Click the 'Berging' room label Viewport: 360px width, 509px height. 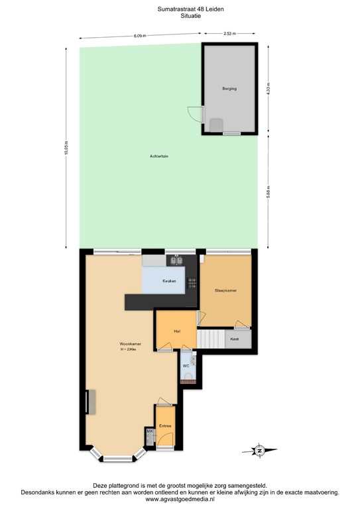pos(229,88)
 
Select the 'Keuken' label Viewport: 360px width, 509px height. pos(169,282)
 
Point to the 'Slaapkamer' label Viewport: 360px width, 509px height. pos(225,290)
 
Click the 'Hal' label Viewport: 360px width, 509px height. pos(176,331)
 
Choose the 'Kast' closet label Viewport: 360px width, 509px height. pos(234,339)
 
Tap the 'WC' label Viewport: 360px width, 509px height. pos(186,365)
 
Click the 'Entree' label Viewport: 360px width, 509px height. pos(165,426)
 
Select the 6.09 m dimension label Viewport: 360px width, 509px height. pos(139,34)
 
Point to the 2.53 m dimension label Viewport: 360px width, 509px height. pos(229,32)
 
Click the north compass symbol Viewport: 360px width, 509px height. pos(260,451)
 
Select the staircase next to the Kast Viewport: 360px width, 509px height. pos(211,339)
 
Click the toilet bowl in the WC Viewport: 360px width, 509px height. pos(188,378)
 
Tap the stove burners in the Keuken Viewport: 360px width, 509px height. pos(192,282)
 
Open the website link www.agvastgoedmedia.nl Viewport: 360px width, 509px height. pos(180,500)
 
